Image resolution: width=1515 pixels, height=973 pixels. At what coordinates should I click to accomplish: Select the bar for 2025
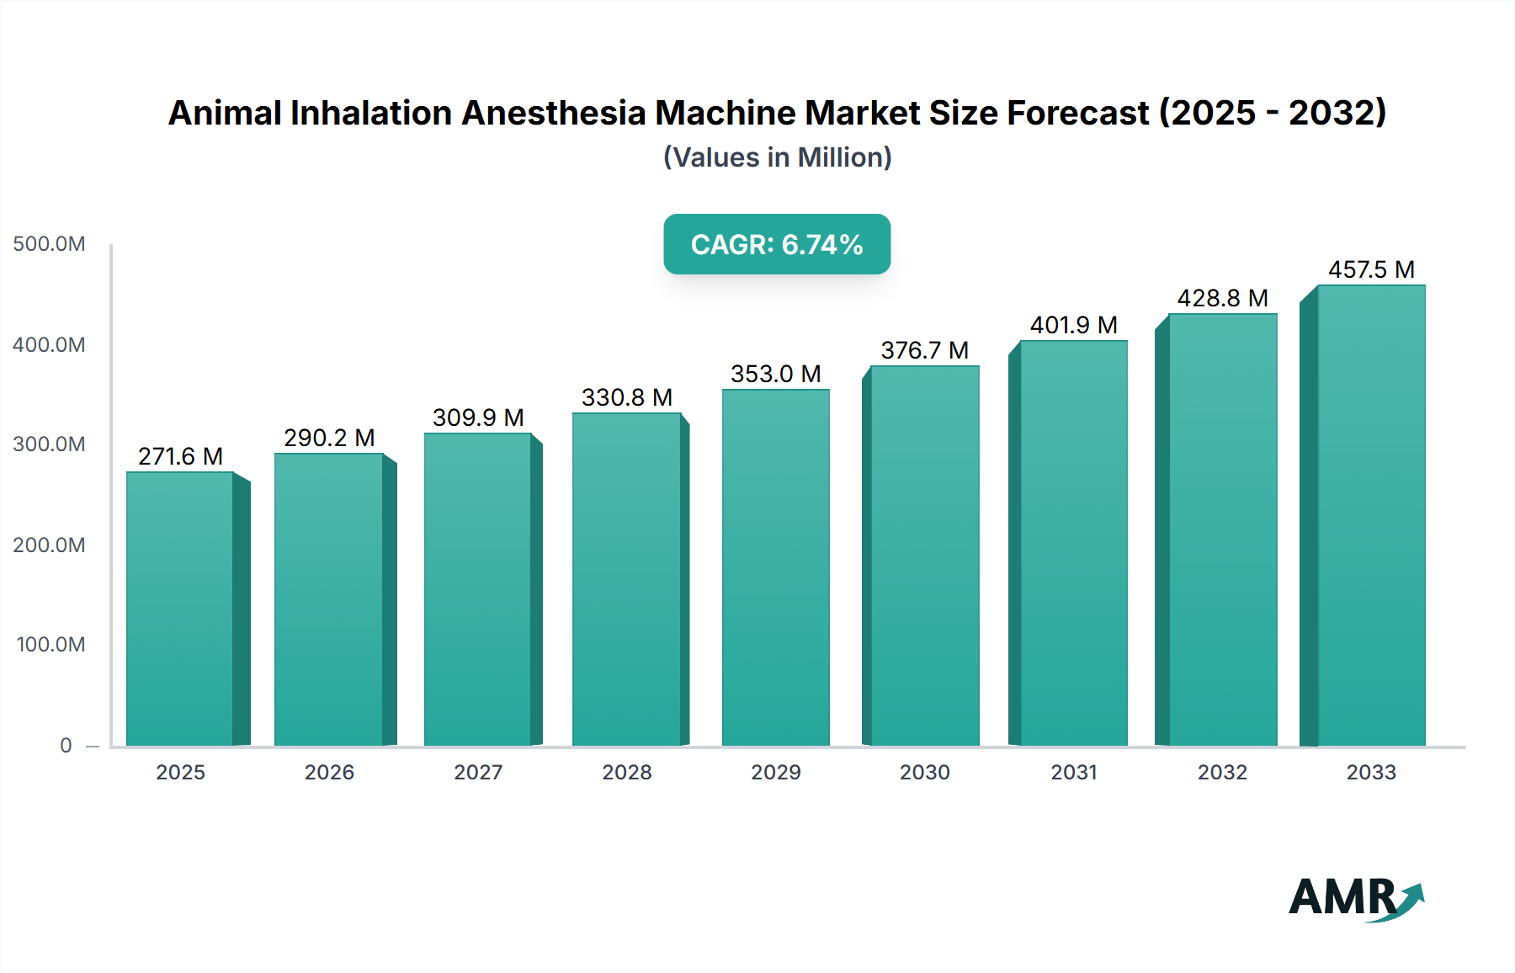(179, 608)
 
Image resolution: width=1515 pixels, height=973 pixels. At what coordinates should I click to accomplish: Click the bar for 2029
(775, 566)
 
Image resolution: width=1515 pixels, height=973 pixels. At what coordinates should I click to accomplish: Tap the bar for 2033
(1371, 515)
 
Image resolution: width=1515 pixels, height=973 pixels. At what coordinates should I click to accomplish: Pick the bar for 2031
(1073, 543)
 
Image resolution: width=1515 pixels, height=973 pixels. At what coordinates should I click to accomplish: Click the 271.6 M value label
(180, 456)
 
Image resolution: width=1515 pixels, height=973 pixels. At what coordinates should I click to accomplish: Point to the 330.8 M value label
(627, 397)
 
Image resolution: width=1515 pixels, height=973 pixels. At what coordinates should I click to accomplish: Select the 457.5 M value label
(1371, 269)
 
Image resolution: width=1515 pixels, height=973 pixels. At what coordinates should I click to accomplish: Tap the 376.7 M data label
(924, 350)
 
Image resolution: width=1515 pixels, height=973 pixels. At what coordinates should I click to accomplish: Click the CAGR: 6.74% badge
(777, 244)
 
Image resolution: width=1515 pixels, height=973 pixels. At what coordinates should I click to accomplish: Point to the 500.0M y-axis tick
(49, 244)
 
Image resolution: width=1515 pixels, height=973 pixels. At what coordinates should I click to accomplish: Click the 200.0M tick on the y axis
(49, 545)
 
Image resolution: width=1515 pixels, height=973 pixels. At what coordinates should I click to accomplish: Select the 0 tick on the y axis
(66, 745)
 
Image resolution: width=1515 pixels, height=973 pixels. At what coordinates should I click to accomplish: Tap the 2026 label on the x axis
(329, 772)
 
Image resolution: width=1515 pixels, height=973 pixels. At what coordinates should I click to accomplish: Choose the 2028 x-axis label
(627, 772)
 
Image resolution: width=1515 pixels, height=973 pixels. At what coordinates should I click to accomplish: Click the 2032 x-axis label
(1222, 772)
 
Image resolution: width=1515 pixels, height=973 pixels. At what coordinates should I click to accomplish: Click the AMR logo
(1355, 897)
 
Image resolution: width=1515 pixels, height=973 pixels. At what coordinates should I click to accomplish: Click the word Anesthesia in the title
(554, 113)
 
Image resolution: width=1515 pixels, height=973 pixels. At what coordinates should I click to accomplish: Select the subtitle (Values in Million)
(777, 157)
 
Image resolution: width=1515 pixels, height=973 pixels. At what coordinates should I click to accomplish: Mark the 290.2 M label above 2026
(329, 438)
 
